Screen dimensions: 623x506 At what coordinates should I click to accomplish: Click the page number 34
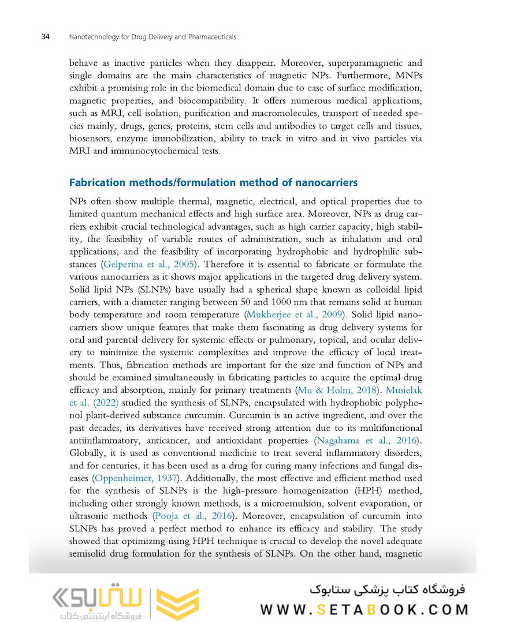point(44,37)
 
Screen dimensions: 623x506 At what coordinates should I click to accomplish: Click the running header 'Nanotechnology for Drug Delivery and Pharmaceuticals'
point(152,37)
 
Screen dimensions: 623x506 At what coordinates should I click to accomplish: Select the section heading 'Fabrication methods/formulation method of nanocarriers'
point(213,183)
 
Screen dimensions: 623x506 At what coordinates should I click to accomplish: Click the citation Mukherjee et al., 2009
point(293,315)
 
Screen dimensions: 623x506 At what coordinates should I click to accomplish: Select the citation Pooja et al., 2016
point(193,516)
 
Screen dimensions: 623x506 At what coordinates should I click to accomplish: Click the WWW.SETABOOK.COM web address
point(363,610)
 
